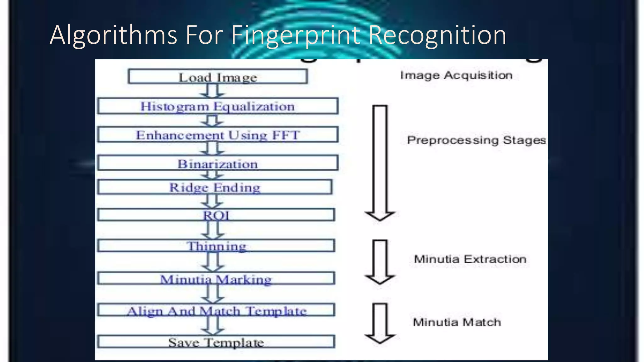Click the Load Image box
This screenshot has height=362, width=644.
[x=218, y=77]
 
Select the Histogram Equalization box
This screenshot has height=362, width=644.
[x=218, y=106]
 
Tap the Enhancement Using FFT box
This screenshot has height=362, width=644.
[x=218, y=135]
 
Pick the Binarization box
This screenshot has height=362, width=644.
[x=218, y=163]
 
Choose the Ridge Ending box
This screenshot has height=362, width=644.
[x=215, y=187]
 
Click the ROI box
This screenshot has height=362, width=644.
[x=216, y=215]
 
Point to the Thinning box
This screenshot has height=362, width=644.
[x=216, y=246]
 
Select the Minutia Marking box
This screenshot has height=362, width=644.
[x=216, y=279]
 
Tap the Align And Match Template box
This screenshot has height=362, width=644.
[x=216, y=310]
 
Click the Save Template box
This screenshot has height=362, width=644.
[x=216, y=342]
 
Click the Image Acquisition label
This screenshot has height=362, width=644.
[x=456, y=75]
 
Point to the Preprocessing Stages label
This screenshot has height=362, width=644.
[x=476, y=140]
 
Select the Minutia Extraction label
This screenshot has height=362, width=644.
[x=470, y=259]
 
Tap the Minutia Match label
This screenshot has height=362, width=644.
[x=457, y=322]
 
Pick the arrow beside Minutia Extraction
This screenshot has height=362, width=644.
[x=380, y=262]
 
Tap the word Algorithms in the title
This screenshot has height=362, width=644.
[x=113, y=35]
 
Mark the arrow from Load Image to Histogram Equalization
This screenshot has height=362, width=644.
[x=213, y=91]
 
